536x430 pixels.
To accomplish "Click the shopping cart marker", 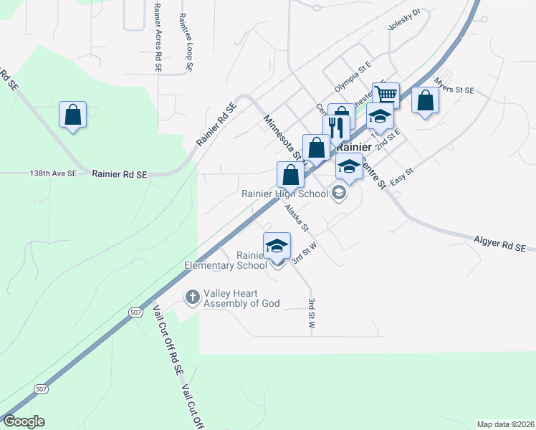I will pos(386,95).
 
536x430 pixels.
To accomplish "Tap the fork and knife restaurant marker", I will pos(336,128).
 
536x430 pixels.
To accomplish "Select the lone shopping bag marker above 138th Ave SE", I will pos(72,115).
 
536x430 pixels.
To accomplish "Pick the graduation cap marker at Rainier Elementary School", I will pos(277,246).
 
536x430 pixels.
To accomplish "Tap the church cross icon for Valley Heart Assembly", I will pos(192,296).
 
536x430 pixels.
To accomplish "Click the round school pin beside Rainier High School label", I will pos(338,193).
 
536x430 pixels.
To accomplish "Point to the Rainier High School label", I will pos(284,193).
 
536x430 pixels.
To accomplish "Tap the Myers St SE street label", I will pos(455,90).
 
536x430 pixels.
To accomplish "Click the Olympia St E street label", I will pos(353,77).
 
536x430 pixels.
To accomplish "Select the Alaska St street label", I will pos(296,218).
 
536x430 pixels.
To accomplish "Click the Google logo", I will pos(24,421).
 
